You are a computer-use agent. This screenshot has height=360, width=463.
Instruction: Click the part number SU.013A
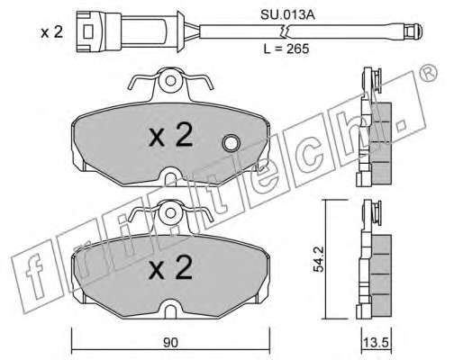(x=287, y=14)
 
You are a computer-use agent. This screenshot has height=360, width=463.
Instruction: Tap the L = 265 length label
(x=286, y=49)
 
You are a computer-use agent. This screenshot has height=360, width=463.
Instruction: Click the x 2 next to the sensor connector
(x=52, y=32)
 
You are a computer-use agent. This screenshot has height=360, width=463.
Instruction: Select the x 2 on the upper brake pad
(x=171, y=136)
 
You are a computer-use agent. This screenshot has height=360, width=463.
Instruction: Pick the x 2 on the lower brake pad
(x=171, y=268)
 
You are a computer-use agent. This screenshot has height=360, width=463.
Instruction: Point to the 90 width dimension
(x=170, y=342)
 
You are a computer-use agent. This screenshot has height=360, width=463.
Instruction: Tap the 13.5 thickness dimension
(x=377, y=342)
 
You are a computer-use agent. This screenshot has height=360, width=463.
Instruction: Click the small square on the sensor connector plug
(x=88, y=31)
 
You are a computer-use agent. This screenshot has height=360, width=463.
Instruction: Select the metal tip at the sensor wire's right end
(x=413, y=31)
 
